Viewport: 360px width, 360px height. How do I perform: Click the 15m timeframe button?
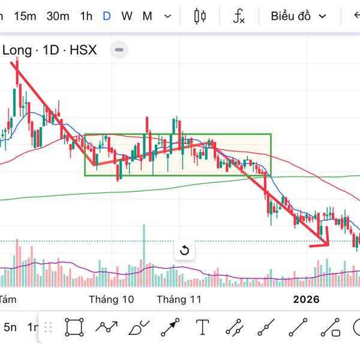pos(25,16)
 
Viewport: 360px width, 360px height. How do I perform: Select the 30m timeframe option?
pos(58,16)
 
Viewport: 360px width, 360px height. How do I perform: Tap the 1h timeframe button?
pos(86,16)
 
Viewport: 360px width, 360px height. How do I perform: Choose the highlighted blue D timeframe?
pos(107,16)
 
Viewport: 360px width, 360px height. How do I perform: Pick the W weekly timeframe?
pos(127,16)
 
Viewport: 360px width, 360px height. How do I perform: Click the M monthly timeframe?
pos(147,16)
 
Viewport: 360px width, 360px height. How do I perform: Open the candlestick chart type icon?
pos(200,16)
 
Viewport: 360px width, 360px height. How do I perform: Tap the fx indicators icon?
pos(239,16)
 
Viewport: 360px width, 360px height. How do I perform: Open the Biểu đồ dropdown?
pos(298,16)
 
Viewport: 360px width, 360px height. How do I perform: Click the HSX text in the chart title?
pos(83,50)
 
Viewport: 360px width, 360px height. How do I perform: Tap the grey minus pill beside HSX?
pos(120,50)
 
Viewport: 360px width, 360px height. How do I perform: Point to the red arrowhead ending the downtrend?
pos(325,242)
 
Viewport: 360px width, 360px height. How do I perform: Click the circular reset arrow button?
pos(184,250)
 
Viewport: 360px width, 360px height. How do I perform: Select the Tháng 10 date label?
pos(111,299)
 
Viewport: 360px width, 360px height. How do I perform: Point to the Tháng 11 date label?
pos(179,299)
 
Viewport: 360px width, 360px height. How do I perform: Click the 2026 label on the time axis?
pos(307,299)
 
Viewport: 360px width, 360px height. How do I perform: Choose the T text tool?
pos(203,328)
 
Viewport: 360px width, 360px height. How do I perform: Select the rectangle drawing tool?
pos(74,328)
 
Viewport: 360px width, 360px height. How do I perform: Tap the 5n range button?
pos(10,328)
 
